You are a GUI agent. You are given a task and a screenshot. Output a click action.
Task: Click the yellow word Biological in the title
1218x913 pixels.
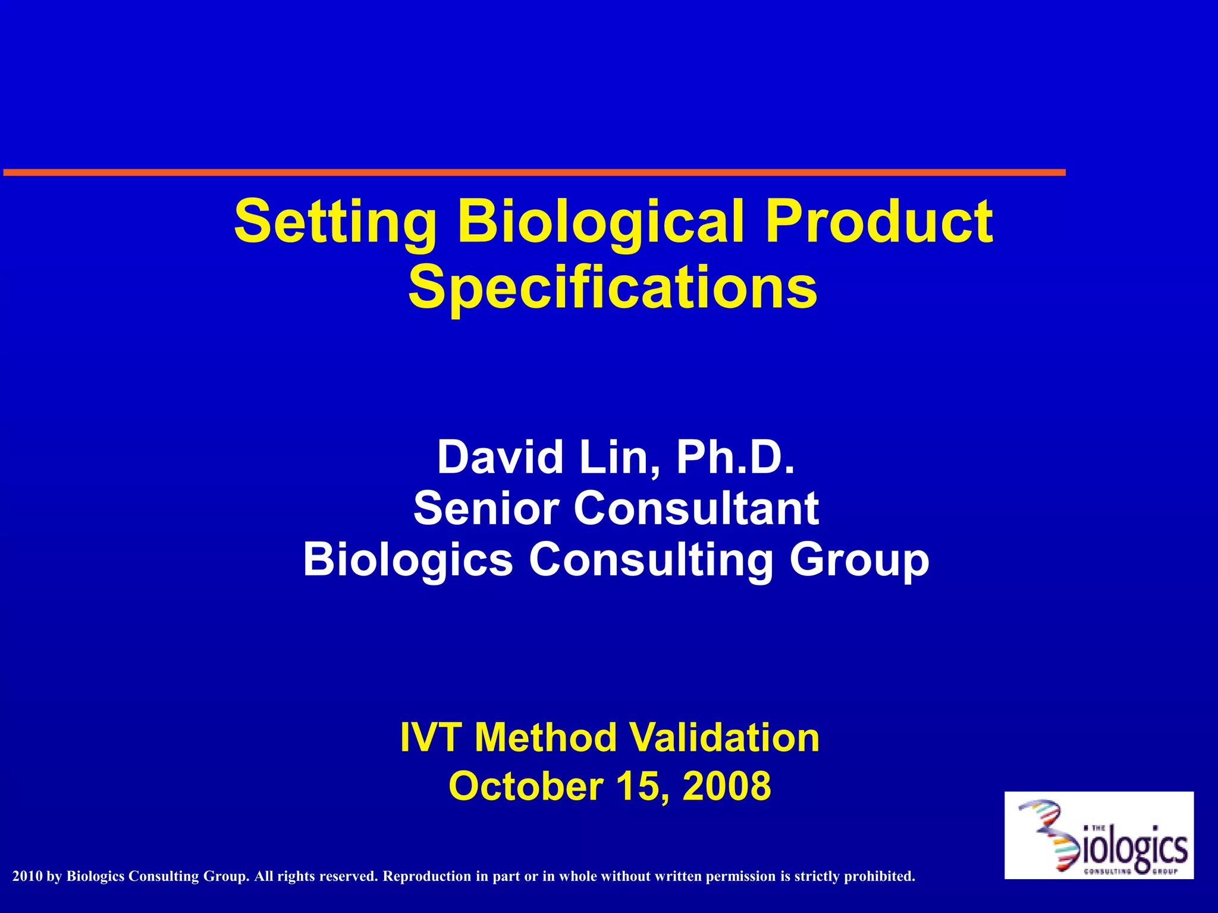(x=601, y=223)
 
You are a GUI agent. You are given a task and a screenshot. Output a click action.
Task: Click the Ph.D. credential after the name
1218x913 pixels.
(x=735, y=458)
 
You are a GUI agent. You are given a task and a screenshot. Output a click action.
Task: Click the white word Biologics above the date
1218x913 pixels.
(x=408, y=560)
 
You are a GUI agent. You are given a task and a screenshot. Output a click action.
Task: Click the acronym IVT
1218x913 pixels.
(x=432, y=738)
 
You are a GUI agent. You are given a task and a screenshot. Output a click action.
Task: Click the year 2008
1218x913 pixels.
(x=727, y=786)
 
